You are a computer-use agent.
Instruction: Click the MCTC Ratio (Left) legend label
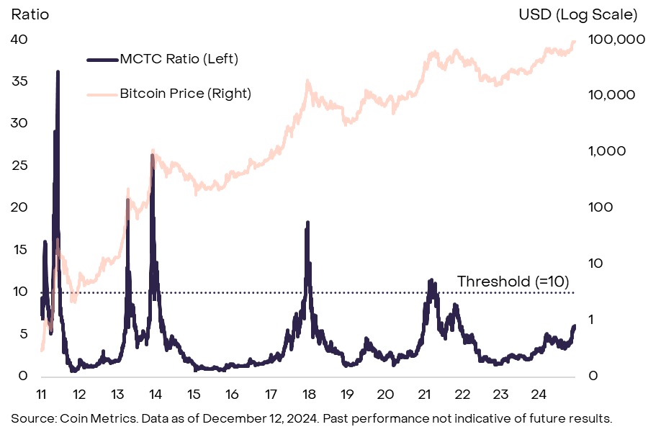pos(179,58)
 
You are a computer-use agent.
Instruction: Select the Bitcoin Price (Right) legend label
pos(185,93)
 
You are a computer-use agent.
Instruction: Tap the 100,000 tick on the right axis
pos(616,40)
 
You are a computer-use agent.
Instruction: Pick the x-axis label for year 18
pos(309,394)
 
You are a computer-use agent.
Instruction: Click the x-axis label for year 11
pos(41,394)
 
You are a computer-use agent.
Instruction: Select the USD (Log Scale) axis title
pos(578,14)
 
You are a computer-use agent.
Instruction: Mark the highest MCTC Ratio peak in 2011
pos(58,72)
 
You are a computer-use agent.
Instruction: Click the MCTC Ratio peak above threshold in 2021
pos(431,280)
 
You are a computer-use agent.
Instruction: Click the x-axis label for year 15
pos(194,394)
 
